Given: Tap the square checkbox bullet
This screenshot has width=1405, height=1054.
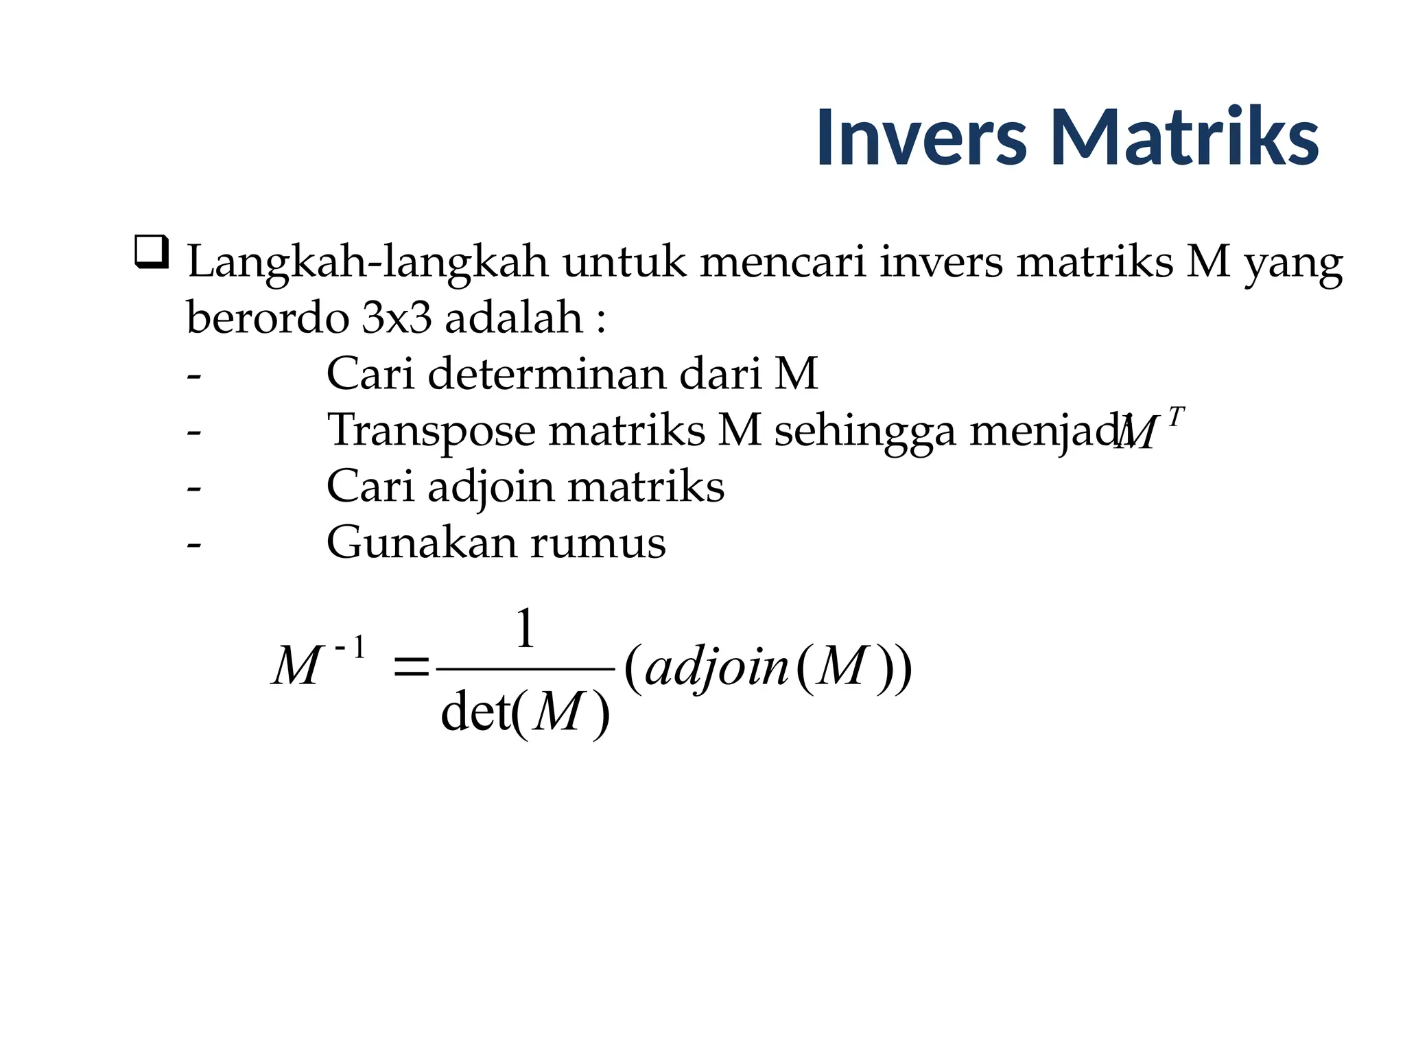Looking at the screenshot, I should click(151, 252).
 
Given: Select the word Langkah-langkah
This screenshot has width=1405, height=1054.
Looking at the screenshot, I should click(368, 263).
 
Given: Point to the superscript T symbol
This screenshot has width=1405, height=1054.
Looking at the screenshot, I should click(1175, 417).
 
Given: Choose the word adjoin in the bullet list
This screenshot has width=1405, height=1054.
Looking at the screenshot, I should click(491, 487).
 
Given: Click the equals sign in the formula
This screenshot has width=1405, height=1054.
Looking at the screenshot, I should click(411, 667).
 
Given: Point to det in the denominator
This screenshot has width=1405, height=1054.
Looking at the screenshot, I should click(475, 712).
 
